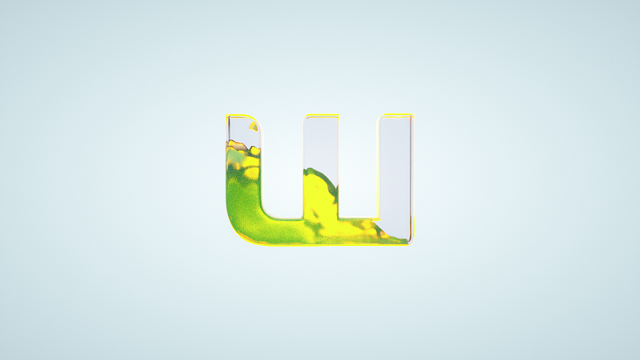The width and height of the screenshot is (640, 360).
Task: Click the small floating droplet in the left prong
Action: pyautogui.click(x=253, y=126)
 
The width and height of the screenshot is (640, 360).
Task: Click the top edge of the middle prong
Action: pyautogui.click(x=321, y=115)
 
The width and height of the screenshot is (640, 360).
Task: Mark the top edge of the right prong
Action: pyautogui.click(x=397, y=115)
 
